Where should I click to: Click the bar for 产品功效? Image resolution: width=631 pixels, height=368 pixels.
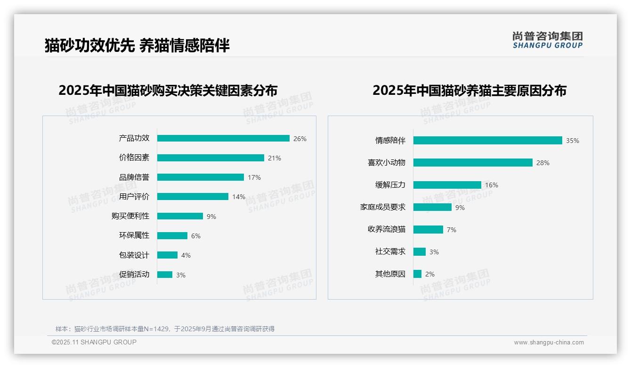pyautogui.click(x=223, y=138)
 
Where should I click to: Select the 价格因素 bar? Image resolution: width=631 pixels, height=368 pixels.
pyautogui.click(x=210, y=158)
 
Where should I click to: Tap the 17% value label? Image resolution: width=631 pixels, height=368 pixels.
pyautogui.click(x=254, y=177)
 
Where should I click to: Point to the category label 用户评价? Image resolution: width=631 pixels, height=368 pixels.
pyautogui.click(x=134, y=196)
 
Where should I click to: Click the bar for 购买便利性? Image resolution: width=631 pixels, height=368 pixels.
pyautogui.click(x=180, y=216)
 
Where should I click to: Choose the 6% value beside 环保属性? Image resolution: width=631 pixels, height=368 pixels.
pyautogui.click(x=196, y=236)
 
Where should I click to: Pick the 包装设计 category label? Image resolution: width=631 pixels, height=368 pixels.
pyautogui.click(x=134, y=255)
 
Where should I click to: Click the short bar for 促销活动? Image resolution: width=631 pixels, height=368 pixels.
pyautogui.click(x=165, y=275)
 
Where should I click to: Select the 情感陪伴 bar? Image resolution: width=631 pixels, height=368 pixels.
pyautogui.click(x=488, y=140)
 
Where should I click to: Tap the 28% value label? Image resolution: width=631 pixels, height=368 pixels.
pyautogui.click(x=543, y=163)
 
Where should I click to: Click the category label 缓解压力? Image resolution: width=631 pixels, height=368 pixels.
pyautogui.click(x=390, y=184)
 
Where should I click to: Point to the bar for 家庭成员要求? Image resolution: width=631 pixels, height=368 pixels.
pyautogui.click(x=432, y=207)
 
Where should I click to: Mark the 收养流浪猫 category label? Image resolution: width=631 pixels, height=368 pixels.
pyautogui.click(x=387, y=229)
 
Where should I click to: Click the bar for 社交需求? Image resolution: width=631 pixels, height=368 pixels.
pyautogui.click(x=420, y=251)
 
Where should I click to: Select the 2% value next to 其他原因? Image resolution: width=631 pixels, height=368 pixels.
pyautogui.click(x=430, y=274)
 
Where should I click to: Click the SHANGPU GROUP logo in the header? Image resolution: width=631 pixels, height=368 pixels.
pyautogui.click(x=548, y=40)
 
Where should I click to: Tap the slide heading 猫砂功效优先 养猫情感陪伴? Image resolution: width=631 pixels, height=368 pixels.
pyautogui.click(x=137, y=45)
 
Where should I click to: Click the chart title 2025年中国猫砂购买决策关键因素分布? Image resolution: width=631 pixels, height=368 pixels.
pyautogui.click(x=168, y=90)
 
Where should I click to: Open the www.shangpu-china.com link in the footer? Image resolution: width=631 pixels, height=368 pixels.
pyautogui.click(x=549, y=343)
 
